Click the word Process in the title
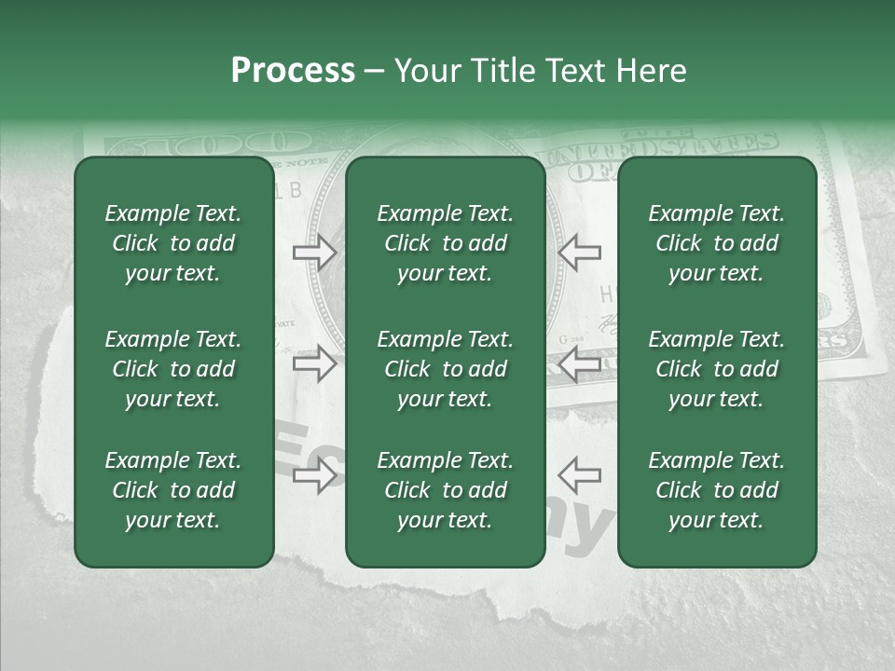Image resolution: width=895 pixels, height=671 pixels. (293, 71)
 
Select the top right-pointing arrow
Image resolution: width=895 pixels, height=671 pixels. (314, 252)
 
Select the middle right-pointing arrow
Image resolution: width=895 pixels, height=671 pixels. (314, 363)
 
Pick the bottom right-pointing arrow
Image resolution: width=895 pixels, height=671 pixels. (314, 477)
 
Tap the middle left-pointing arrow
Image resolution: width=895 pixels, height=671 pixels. (579, 363)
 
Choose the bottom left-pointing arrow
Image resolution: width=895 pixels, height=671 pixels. (579, 474)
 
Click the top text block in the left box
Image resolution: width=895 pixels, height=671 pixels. (173, 243)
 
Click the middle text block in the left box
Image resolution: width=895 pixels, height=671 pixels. (173, 369)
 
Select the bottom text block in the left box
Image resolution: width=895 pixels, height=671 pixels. (173, 490)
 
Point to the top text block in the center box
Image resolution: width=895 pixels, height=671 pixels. (445, 243)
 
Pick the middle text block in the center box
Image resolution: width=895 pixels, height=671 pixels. (445, 369)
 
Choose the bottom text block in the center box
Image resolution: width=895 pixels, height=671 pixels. (445, 490)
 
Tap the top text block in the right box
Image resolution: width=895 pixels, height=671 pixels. (716, 243)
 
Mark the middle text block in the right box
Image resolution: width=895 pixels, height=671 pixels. (716, 369)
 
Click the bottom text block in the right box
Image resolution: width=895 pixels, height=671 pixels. (716, 490)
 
